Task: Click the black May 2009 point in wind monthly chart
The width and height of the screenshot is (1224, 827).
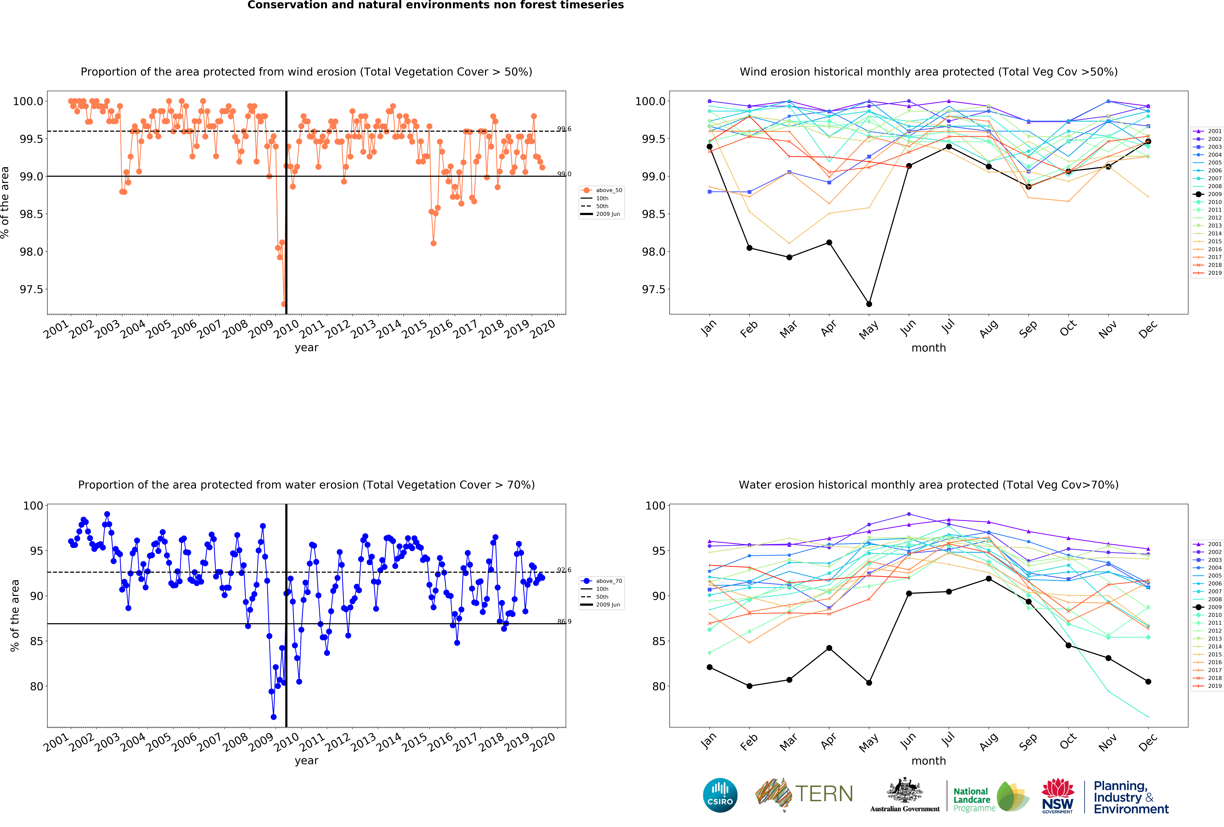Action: click(869, 304)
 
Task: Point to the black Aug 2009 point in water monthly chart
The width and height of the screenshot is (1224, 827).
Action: click(989, 578)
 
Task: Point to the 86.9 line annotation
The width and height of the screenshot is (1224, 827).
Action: click(564, 622)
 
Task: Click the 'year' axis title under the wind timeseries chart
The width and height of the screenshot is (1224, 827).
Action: click(306, 348)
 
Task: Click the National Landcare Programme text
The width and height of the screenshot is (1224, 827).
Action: click(974, 800)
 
